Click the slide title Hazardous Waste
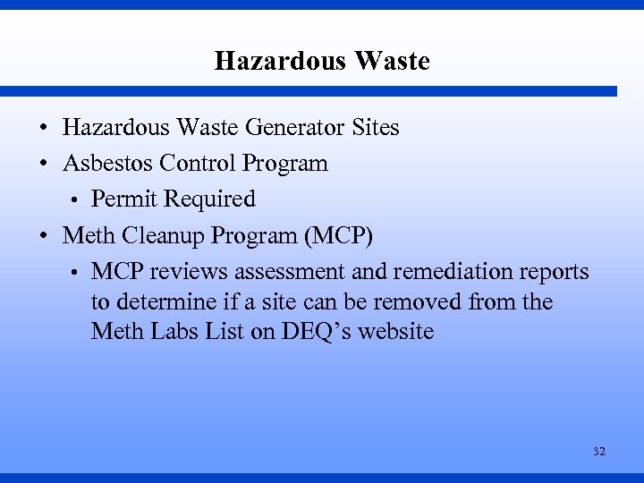(322, 61)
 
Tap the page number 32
(598, 452)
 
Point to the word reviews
(189, 271)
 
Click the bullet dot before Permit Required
(79, 199)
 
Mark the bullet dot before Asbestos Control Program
(43, 165)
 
